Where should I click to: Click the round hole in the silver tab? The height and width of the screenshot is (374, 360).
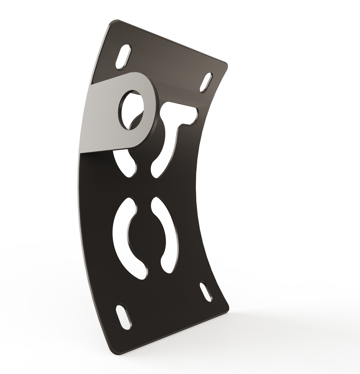[x=131, y=110]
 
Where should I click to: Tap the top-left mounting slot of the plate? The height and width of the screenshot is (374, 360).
[x=123, y=57]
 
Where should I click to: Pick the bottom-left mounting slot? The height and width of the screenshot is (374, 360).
[x=123, y=317]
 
